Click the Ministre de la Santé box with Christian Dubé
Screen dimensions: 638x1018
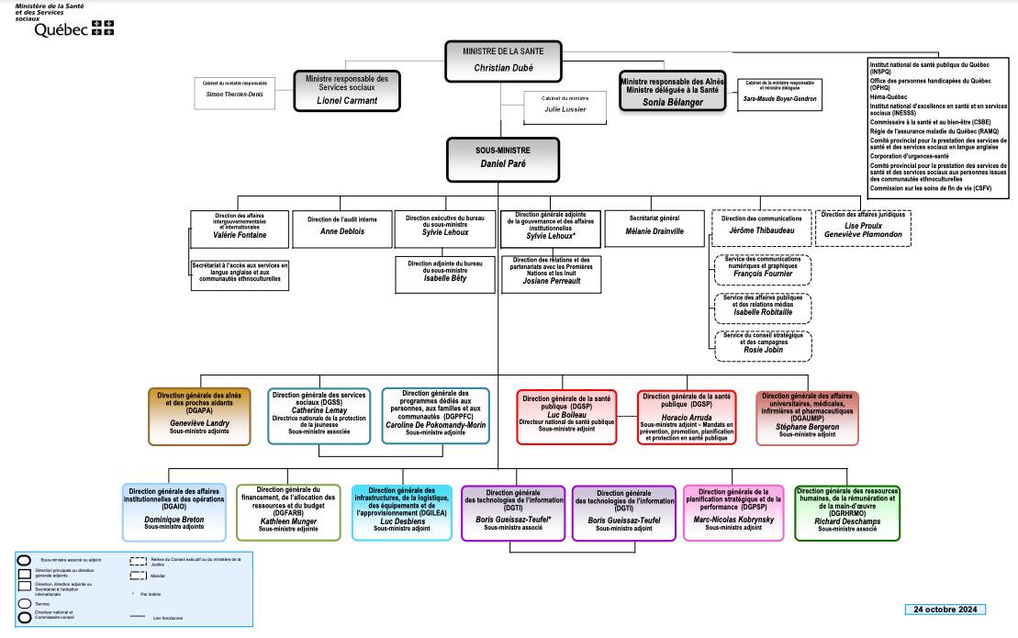coord(502,59)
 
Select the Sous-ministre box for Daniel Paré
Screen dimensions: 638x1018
coord(502,158)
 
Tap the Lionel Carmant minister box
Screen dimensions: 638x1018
coord(347,91)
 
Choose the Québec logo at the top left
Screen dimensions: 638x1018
coord(73,29)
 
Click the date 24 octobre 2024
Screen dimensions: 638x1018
coord(945,610)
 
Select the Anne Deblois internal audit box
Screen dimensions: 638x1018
coord(341,231)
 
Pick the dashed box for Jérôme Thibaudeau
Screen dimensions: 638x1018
coord(761,228)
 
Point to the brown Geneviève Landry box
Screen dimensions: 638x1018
coord(199,415)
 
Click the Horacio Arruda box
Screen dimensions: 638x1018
coord(687,417)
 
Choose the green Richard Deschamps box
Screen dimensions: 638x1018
coord(848,512)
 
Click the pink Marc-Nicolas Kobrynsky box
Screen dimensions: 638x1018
coord(733,512)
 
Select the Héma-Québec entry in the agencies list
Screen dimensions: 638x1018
coord(889,95)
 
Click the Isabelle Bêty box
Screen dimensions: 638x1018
coord(445,274)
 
